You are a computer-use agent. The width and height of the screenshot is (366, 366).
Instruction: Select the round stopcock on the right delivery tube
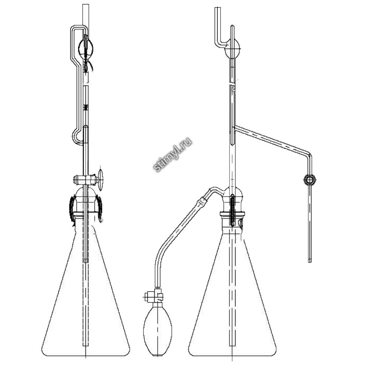pyautogui.click(x=310, y=180)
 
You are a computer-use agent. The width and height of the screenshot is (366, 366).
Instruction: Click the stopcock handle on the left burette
pyautogui.click(x=100, y=180)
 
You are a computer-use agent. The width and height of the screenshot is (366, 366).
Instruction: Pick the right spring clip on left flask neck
pyautogui.click(x=99, y=208)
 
